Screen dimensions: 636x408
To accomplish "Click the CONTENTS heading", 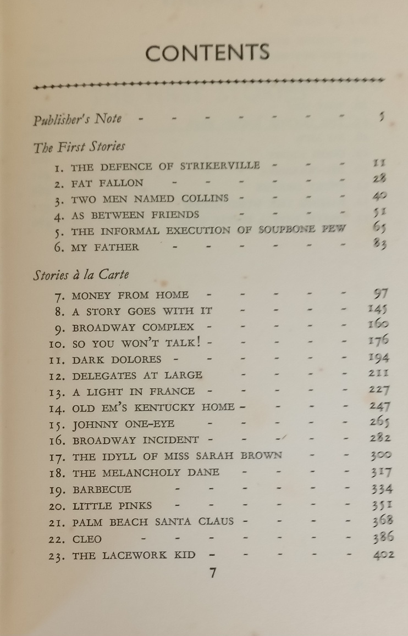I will tap(208, 53).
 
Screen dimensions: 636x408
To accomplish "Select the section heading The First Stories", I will tap(79, 147).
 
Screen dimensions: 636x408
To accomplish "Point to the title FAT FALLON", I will tap(107, 182).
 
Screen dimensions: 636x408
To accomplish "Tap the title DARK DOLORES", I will tap(117, 360).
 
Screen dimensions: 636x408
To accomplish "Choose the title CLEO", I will tap(87, 539).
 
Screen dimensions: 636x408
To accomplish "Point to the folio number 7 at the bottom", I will tap(213, 573).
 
